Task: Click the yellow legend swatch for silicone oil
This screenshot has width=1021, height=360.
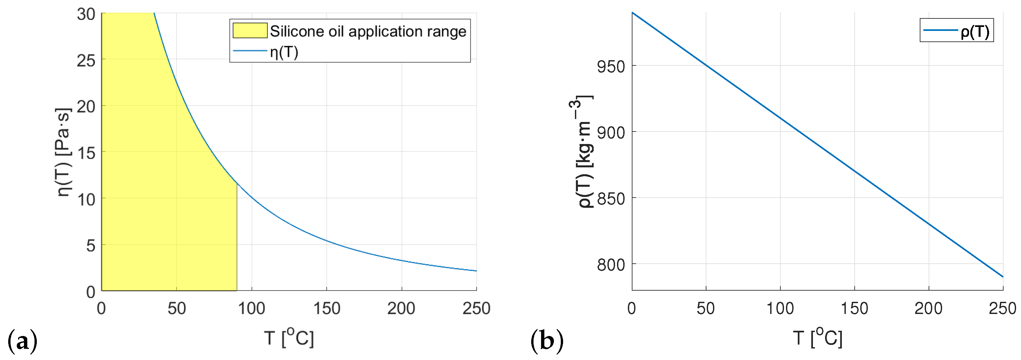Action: point(250,31)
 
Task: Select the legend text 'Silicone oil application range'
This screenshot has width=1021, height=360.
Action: point(368,31)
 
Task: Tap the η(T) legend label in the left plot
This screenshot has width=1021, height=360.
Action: point(284,52)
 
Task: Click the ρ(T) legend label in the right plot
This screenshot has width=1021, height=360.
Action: point(975,31)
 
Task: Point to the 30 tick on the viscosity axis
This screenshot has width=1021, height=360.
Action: point(86,15)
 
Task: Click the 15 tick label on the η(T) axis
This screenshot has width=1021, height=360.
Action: point(86,153)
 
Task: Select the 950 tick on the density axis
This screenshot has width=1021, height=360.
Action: point(611,67)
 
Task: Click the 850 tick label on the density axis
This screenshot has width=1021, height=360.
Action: point(611,199)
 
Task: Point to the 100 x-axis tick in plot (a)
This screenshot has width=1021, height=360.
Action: point(251,308)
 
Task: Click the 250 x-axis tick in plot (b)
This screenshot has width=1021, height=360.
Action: point(1002,308)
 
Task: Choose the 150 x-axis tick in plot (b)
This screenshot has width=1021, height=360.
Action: point(854,308)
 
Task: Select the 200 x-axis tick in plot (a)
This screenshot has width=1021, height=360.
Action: point(401,308)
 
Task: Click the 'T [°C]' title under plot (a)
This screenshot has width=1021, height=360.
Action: point(289,338)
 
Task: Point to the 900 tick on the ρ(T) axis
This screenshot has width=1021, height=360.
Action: point(611,133)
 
